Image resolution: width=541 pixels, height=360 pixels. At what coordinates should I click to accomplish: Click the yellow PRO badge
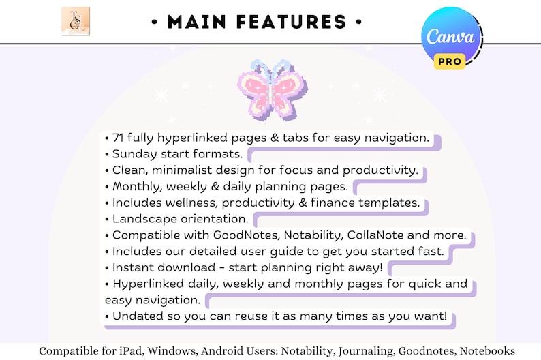450,61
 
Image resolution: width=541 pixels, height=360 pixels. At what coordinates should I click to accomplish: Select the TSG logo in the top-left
75,21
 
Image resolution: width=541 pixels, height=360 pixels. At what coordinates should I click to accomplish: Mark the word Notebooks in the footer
487,350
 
